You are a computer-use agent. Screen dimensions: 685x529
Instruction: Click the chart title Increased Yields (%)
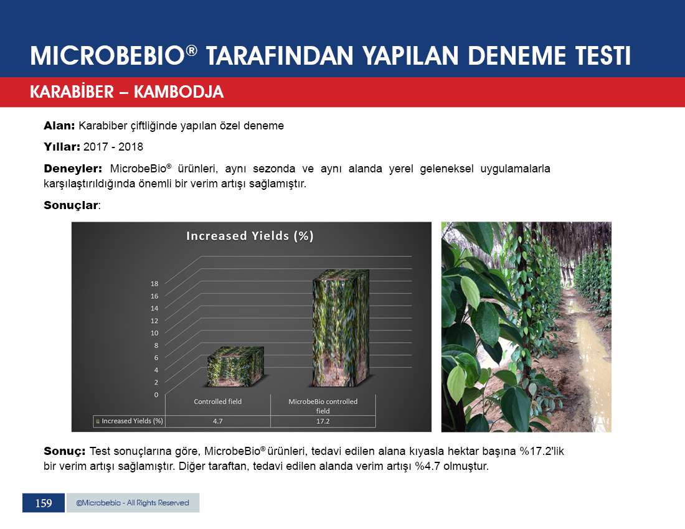coord(250,236)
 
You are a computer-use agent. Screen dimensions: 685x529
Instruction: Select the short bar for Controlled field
coord(235,367)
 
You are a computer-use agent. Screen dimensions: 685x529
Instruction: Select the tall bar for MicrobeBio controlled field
coord(341,328)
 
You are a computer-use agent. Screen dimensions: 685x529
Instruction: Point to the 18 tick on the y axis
coord(154,284)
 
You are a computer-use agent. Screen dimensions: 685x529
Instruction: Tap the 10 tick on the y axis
coord(154,333)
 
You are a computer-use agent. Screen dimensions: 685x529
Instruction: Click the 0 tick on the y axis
coord(156,395)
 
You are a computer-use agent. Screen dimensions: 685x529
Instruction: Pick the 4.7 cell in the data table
coord(217,421)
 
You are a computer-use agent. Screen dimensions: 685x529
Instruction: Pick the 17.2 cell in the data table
coord(323,421)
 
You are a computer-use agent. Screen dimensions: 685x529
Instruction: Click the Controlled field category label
coord(217,401)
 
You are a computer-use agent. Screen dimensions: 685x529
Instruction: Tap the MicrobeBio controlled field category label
coord(323,406)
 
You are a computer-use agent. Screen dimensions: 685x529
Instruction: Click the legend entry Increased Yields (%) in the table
coord(130,421)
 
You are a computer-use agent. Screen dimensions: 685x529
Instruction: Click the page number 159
coord(44,503)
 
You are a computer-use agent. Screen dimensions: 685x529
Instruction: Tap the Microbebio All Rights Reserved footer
coord(133,503)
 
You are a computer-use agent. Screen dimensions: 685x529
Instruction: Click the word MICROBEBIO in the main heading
coord(108,56)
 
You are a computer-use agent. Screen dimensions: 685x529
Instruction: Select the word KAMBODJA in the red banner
coord(179,91)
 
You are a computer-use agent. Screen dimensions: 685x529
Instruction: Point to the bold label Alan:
coord(59,126)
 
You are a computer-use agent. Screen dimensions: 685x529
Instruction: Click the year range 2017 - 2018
coord(113,147)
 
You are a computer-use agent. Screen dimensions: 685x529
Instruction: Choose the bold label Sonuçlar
coord(71,205)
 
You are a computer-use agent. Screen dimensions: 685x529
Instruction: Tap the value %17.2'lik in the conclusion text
coord(542,451)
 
